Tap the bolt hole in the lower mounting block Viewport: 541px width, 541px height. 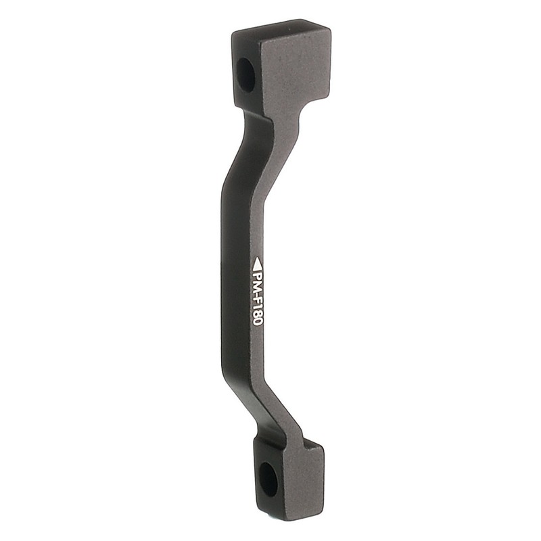point(268,479)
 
